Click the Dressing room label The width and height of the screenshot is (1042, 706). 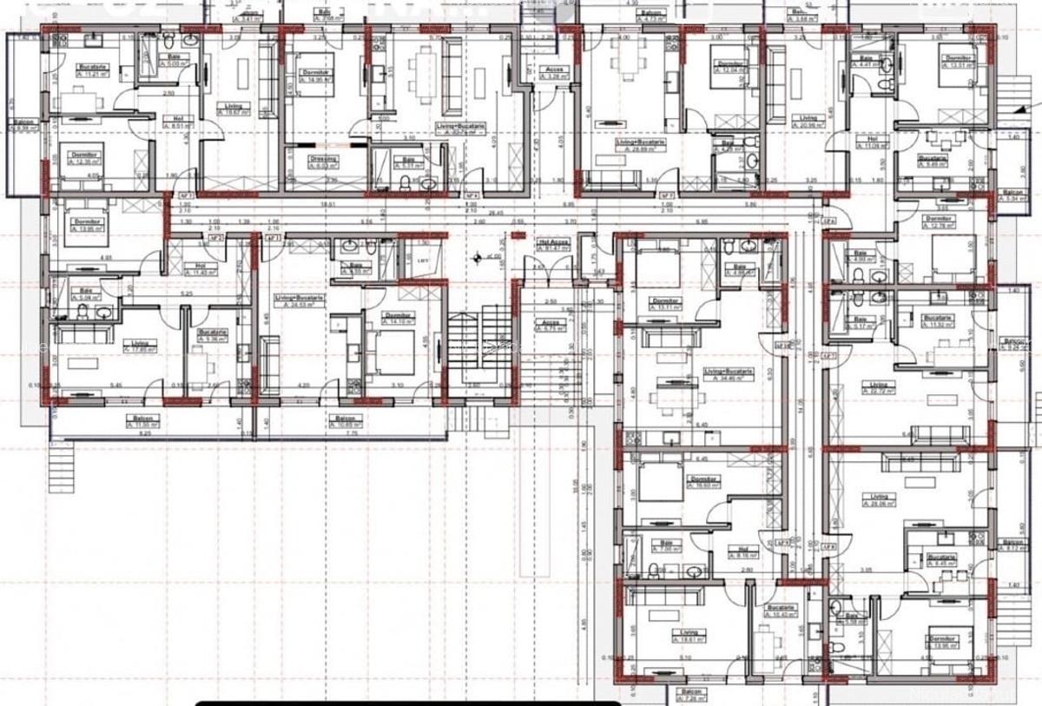pyautogui.click(x=322, y=162)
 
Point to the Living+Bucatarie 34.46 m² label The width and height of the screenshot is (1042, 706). pyautogui.click(x=728, y=373)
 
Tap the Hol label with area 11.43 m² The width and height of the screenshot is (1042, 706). pyautogui.click(x=200, y=268)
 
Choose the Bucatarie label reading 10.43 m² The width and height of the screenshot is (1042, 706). pyautogui.click(x=781, y=610)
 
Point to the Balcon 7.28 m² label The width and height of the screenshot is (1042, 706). pyautogui.click(x=691, y=695)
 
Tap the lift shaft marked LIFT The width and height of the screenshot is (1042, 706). pyautogui.click(x=423, y=259)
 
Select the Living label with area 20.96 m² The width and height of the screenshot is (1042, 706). pyautogui.click(x=808, y=121)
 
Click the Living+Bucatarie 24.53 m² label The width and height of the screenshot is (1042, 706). pyautogui.click(x=300, y=300)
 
